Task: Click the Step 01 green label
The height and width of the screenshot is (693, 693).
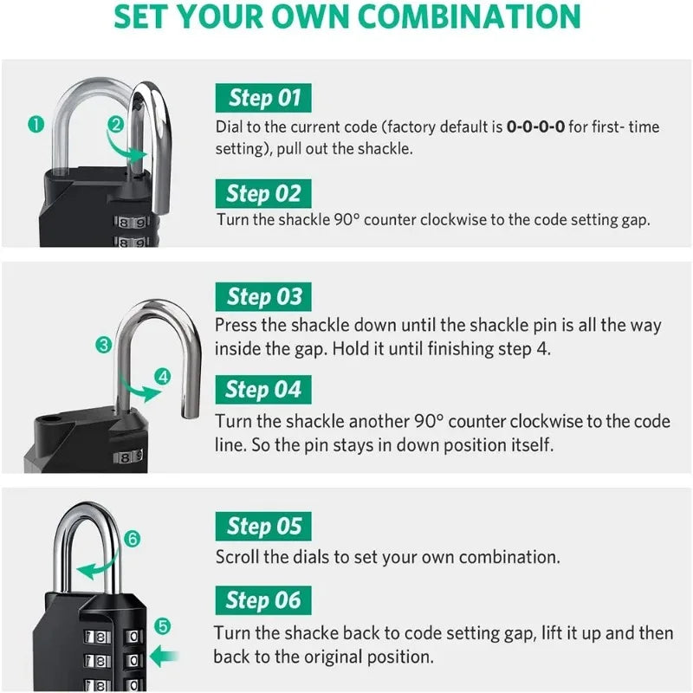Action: [263, 98]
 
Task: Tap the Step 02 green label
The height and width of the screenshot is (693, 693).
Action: [263, 193]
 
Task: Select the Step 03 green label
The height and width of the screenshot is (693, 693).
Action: [263, 297]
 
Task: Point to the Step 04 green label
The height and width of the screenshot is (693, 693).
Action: [263, 390]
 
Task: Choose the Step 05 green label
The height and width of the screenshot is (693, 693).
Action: [263, 526]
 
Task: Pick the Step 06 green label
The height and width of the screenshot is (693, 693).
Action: [263, 599]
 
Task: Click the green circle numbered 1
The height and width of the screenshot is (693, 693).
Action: [36, 124]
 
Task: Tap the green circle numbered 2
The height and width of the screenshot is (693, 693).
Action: [115, 124]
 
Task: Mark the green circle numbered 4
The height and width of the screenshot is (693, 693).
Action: [164, 376]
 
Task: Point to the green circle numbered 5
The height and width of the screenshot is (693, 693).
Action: [163, 625]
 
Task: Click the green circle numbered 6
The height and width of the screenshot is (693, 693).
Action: [132, 539]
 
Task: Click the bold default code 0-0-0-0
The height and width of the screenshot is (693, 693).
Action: [535, 127]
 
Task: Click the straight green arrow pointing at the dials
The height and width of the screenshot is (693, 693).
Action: [164, 655]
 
